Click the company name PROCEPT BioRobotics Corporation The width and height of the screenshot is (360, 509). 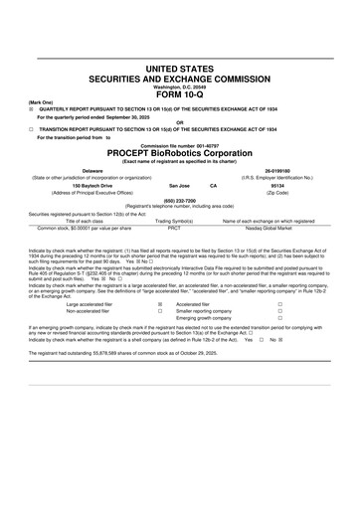(180, 154)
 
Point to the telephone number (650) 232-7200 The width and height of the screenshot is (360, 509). (180, 199)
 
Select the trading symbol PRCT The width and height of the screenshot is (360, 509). (174, 227)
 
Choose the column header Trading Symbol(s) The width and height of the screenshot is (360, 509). (174, 220)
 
